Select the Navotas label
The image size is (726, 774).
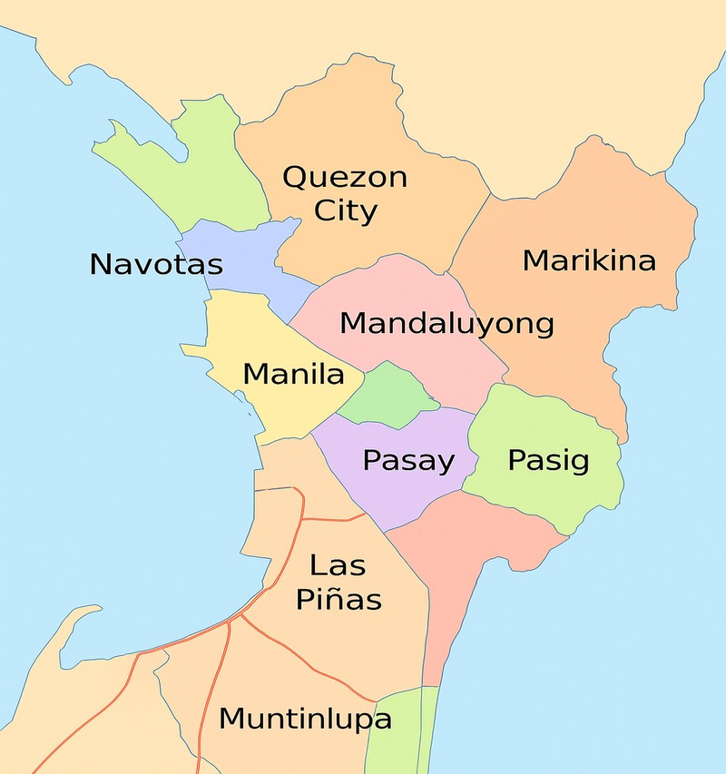156,265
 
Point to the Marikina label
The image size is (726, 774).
589,261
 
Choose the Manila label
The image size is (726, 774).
294,374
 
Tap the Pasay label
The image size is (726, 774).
408,460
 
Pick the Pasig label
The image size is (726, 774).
548,460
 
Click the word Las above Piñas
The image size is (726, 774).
338,565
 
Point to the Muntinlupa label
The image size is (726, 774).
306,720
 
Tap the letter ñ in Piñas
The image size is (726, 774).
341,599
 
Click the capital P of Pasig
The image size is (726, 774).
516,460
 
